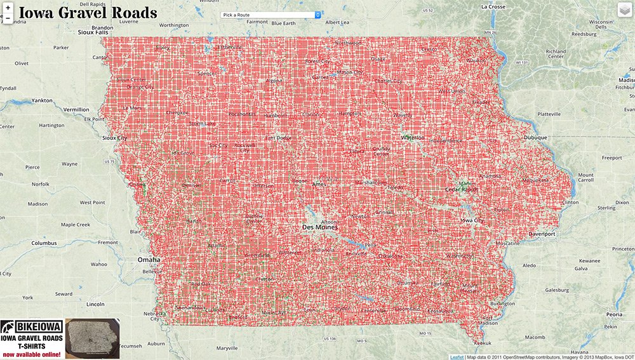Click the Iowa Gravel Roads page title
click(88, 13)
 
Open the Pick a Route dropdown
click(271, 15)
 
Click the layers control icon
click(625, 11)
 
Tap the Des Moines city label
click(319, 227)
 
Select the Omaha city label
click(149, 260)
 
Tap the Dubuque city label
click(534, 136)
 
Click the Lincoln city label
click(95, 304)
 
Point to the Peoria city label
click(614, 314)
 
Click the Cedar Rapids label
click(461, 189)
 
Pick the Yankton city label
click(43, 100)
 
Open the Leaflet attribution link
click(457, 357)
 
